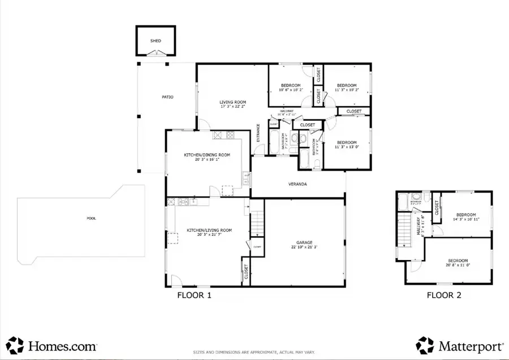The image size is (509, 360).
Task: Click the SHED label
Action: tap(155, 41)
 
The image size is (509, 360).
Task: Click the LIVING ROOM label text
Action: tap(232, 102)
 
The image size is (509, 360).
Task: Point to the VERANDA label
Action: tap(297, 184)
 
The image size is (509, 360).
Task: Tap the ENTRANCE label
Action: tap(258, 133)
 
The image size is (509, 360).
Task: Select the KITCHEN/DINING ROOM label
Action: tap(206, 155)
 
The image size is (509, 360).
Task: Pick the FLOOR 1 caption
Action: tap(195, 294)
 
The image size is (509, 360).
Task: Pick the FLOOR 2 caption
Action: tap(445, 294)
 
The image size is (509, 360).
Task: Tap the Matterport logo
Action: tap(457, 345)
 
